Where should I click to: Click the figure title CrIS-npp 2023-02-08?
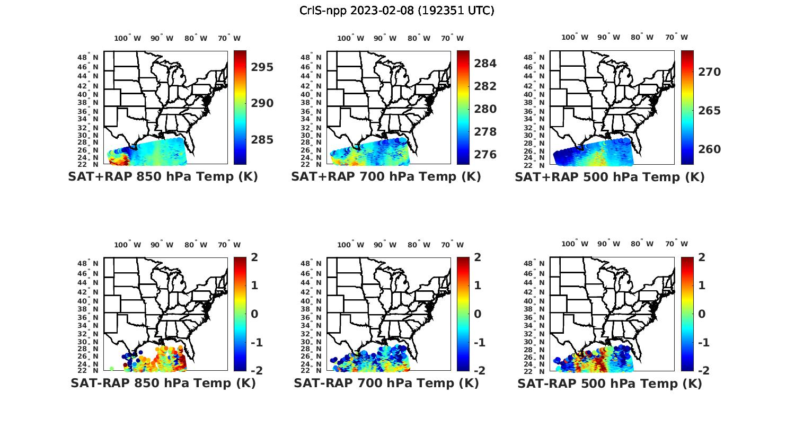point(396,11)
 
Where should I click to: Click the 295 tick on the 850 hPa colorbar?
point(262,67)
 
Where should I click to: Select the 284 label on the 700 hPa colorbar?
point(485,64)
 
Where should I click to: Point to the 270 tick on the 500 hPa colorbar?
point(709,72)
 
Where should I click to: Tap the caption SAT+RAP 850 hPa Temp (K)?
point(163,177)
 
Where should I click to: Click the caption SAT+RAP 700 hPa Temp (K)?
point(386,177)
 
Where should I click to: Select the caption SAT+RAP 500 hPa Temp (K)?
point(609,177)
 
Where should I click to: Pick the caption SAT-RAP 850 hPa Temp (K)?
point(163,384)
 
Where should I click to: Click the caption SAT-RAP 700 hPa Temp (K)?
point(386,384)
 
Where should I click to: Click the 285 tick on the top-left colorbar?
point(262,140)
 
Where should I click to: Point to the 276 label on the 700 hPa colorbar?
point(485,155)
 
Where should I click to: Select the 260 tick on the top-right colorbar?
point(709,149)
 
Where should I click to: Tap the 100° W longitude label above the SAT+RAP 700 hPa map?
point(350,38)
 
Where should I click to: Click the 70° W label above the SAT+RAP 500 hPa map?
point(677,37)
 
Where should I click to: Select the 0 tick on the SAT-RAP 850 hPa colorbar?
point(254,314)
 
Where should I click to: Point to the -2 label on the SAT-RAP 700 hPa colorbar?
point(478,370)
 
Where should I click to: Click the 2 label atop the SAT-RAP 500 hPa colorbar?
point(702,258)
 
